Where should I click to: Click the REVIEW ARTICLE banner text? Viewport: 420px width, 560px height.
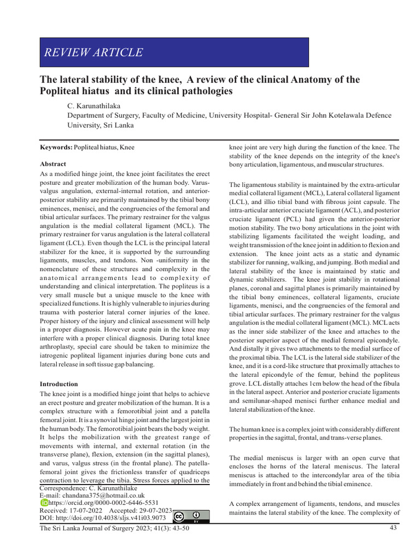click(93, 52)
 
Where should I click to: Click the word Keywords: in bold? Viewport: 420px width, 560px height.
click(56, 147)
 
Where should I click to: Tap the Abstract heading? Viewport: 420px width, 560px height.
click(53, 164)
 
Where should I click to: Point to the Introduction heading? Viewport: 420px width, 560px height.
click(59, 384)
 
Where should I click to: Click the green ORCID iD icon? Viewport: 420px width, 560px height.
click(44, 502)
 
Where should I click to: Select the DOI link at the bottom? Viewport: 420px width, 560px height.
click(102, 517)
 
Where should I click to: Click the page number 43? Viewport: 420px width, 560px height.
click(393, 528)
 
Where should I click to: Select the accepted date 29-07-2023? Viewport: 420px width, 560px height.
click(155, 510)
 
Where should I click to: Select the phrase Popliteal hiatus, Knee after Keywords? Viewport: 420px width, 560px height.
click(104, 147)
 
